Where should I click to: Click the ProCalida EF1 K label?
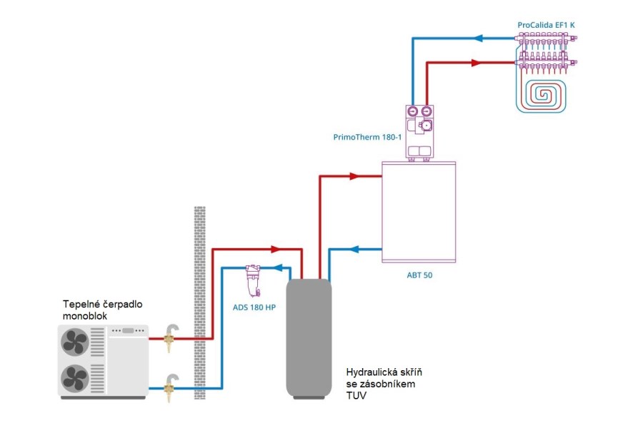coord(546,25)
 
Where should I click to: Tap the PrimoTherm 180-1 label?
coord(367,137)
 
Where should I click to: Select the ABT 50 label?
coord(419,275)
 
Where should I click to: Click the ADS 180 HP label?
coord(254,307)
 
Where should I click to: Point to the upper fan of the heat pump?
coord(74,342)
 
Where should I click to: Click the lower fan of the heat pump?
coord(74,378)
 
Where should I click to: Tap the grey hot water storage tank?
coord(309,338)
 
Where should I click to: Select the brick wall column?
coord(200,302)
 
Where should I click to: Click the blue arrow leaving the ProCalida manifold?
coord(478,39)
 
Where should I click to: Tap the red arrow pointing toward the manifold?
coord(476,63)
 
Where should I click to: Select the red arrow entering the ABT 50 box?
coord(354,176)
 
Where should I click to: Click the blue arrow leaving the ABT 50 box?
coord(354,249)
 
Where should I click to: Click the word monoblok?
coord(85,316)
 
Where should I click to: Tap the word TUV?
coord(357,396)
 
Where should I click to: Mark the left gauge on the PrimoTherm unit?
coord(413,111)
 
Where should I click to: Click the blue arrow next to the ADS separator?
coord(278,268)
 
